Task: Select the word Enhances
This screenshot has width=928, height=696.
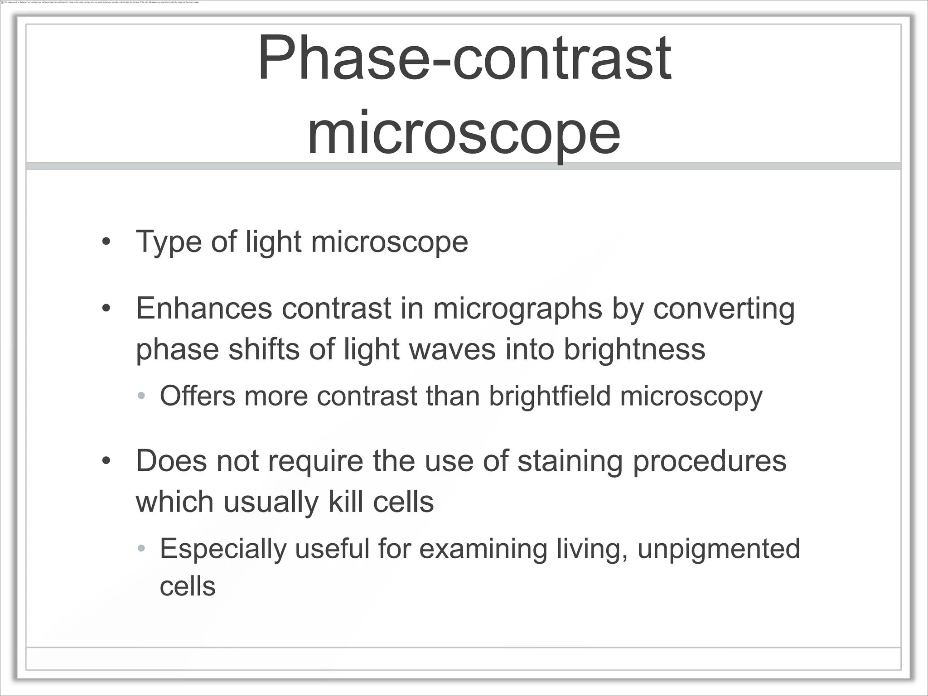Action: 204,309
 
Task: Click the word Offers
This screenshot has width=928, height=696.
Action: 198,396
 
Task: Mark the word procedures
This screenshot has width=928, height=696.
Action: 709,462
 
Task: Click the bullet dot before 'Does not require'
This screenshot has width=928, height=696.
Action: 106,462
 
